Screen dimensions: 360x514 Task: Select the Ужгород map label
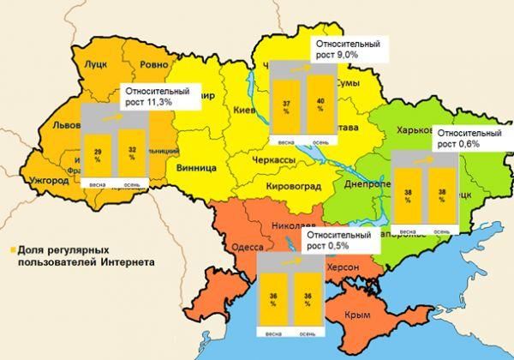point(50,181)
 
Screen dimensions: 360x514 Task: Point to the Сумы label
point(345,83)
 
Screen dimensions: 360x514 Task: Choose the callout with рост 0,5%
point(338,241)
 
